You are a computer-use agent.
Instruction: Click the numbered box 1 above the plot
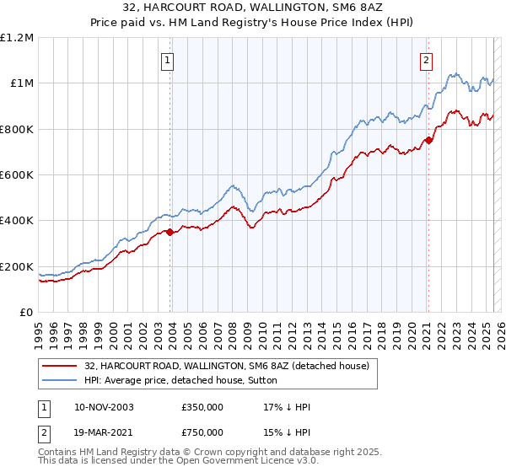(169, 60)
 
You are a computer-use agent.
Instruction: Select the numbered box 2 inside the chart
(427, 60)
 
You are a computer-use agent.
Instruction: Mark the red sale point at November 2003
(170, 232)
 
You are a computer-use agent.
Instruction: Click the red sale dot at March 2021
(428, 140)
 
